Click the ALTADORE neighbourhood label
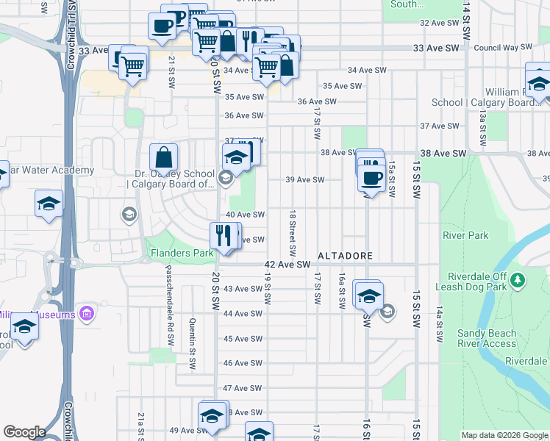pos(345,256)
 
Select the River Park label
pos(465,236)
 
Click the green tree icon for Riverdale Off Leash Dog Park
pos(518,279)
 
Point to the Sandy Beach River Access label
pos(487,338)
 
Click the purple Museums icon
pos(87,315)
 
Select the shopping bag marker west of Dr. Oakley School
pos(163,157)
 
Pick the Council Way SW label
pos(503,47)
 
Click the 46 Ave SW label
pos(243,363)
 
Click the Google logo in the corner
pos(24,432)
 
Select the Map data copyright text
pos(504,435)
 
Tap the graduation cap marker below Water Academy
pos(49,204)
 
